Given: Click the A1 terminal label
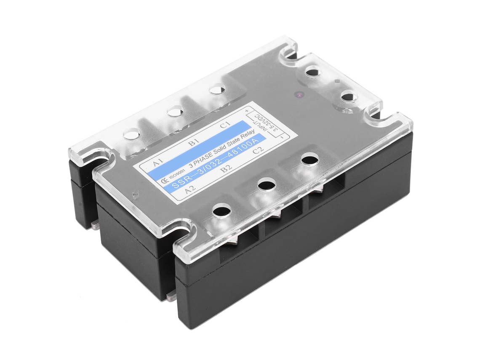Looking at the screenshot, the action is tap(158, 162).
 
